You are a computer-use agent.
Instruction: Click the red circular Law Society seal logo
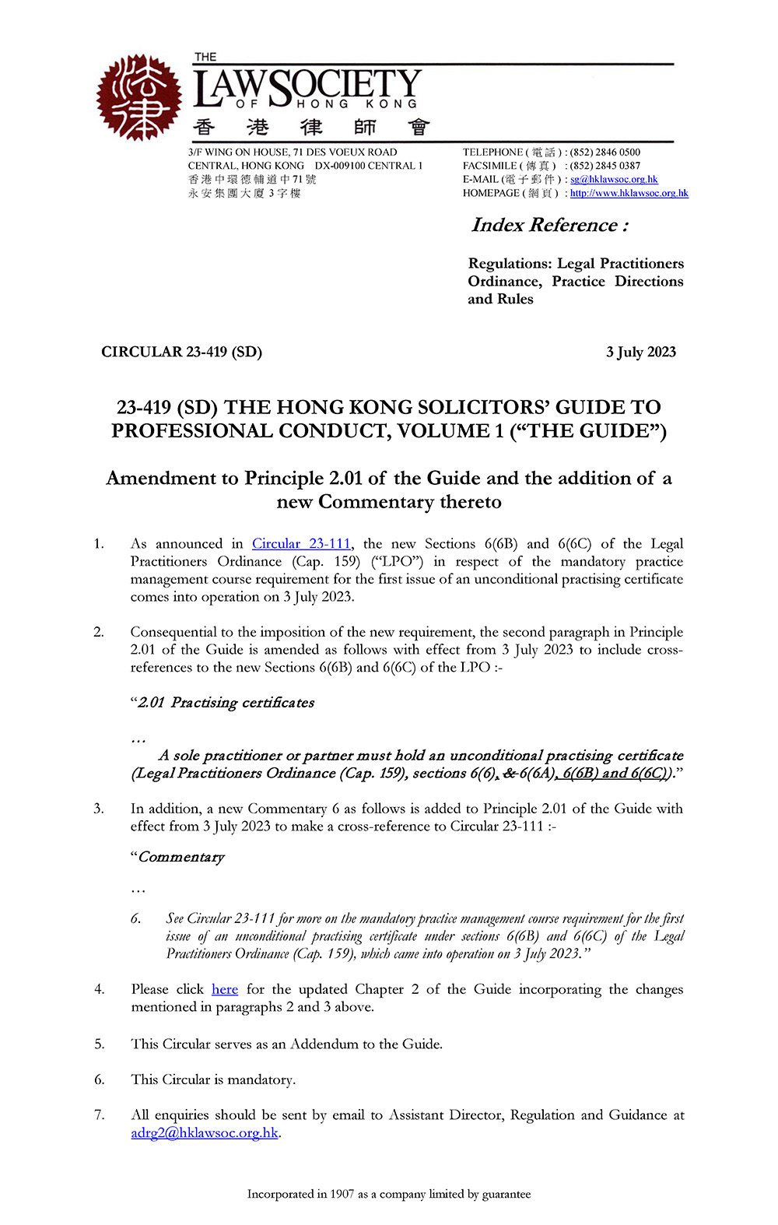click(138, 97)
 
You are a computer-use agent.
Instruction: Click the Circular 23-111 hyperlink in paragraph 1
click(301, 544)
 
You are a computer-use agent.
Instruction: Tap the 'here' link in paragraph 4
click(225, 989)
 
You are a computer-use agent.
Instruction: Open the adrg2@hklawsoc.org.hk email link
click(205, 1133)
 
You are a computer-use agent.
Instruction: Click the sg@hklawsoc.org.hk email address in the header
click(614, 179)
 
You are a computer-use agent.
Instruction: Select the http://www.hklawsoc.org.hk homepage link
click(629, 193)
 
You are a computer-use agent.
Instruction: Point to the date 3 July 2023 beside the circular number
click(641, 352)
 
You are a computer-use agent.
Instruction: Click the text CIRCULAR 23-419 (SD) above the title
click(181, 352)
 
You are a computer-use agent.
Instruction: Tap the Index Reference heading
click(549, 225)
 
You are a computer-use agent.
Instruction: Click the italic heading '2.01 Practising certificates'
click(226, 703)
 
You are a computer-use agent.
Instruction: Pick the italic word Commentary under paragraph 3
click(181, 857)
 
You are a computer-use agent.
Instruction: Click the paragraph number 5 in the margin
click(99, 1044)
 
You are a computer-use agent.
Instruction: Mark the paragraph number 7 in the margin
click(99, 1115)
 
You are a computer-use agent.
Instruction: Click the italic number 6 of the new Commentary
click(135, 919)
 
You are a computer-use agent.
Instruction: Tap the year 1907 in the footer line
click(342, 1194)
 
